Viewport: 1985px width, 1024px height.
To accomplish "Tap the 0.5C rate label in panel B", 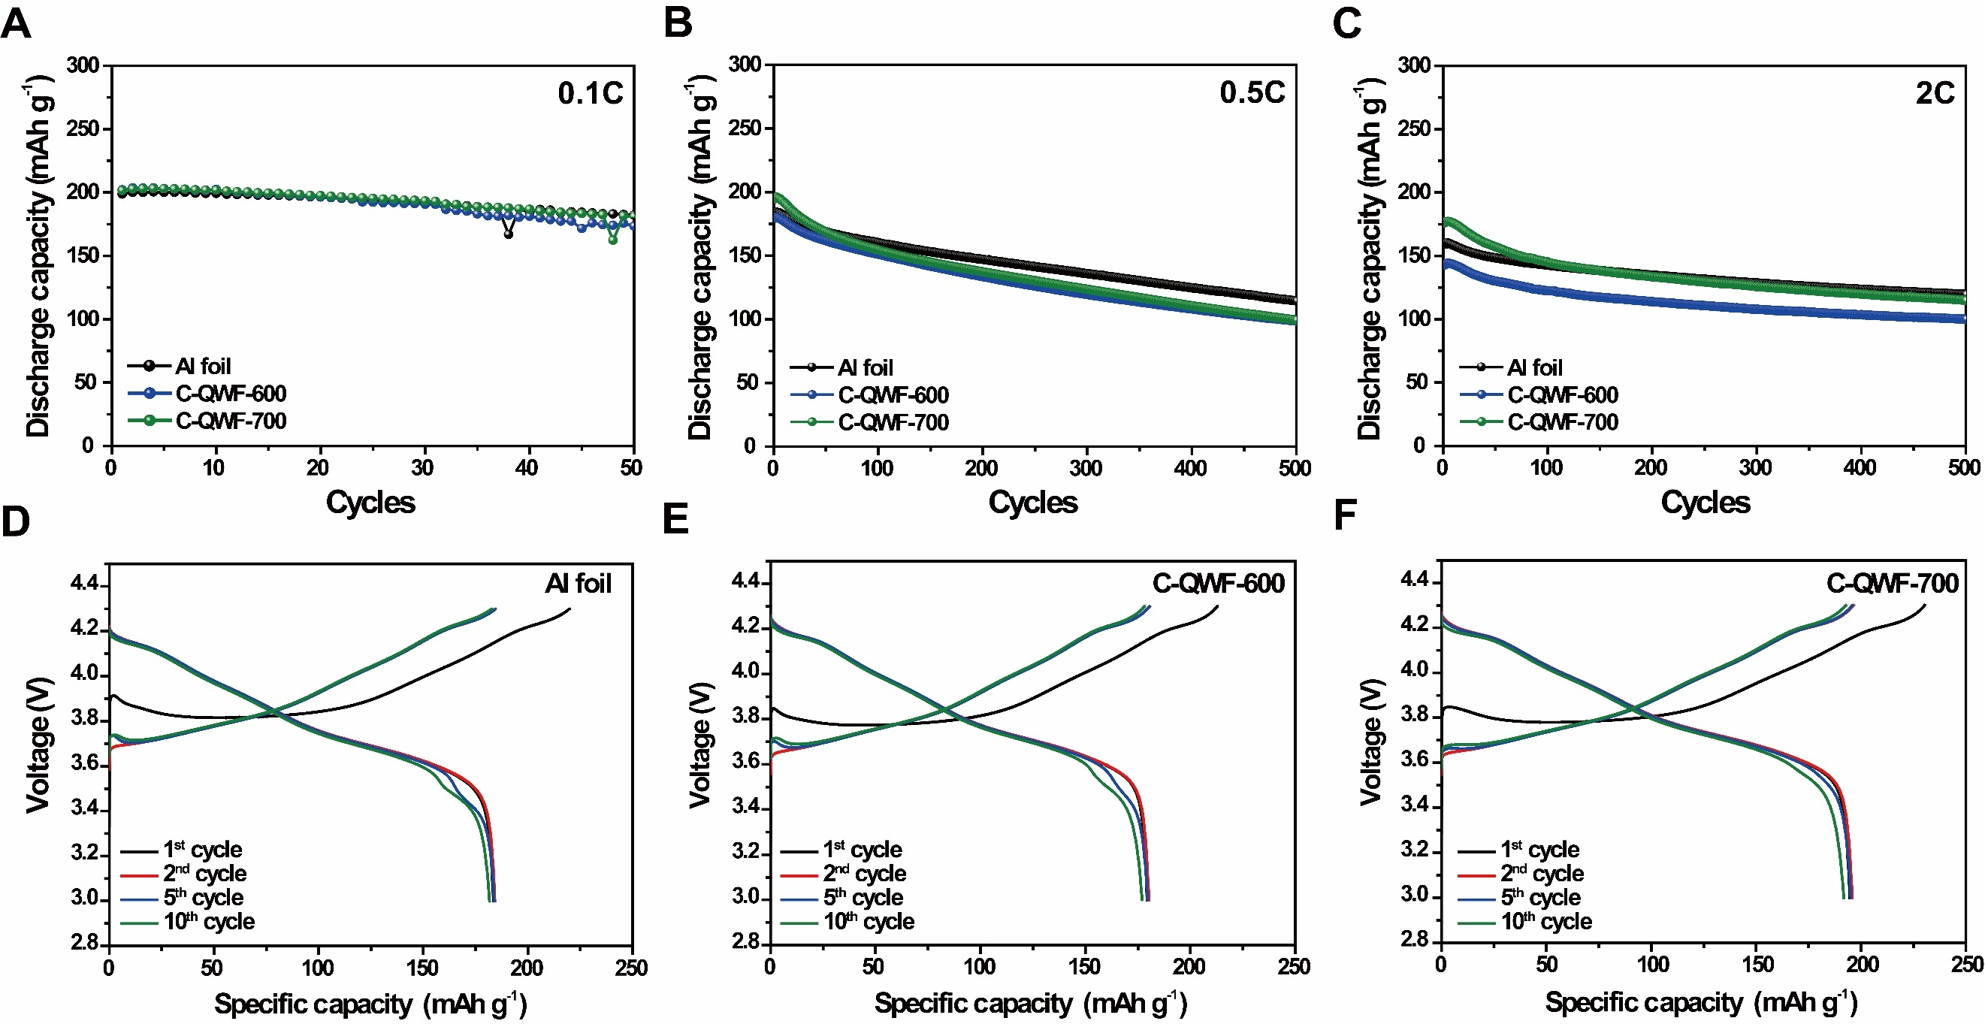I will pyautogui.click(x=1252, y=92).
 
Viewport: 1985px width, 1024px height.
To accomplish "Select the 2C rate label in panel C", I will pyautogui.click(x=1934, y=93).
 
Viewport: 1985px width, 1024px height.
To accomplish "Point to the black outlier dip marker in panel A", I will pyautogui.click(x=508, y=234).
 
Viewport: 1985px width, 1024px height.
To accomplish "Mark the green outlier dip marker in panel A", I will pyautogui.click(x=612, y=240).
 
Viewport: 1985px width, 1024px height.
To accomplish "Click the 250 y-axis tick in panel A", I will pyautogui.click(x=83, y=128).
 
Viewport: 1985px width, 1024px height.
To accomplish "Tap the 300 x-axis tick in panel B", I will pyautogui.click(x=1086, y=468).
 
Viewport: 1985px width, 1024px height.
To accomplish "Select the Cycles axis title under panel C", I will pyautogui.click(x=1705, y=503).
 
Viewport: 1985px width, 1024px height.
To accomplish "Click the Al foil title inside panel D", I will pyautogui.click(x=578, y=583).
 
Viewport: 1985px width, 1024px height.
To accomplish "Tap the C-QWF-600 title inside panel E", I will pyautogui.click(x=1219, y=583).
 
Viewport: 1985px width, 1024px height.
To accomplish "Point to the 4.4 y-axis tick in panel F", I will pyautogui.click(x=1415, y=579).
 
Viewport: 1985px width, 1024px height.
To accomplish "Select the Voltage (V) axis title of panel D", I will pyautogui.click(x=38, y=745).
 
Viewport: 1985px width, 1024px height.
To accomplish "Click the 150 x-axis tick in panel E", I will pyautogui.click(x=1084, y=966).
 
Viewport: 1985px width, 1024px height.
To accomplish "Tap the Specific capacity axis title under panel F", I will pyautogui.click(x=1701, y=1001).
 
